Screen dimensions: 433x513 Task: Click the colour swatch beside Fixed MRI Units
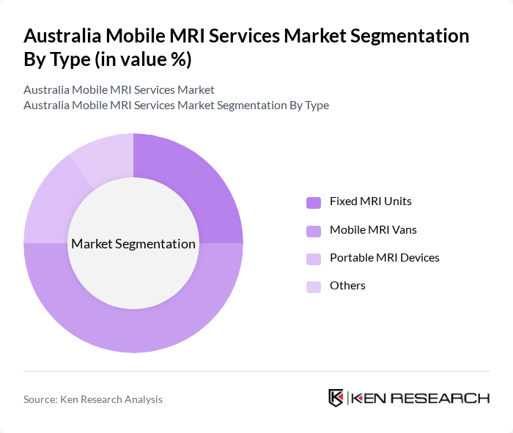[x=314, y=202]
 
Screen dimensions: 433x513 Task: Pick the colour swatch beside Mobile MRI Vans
[x=314, y=231]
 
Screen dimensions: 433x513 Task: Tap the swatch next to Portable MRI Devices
[x=314, y=259]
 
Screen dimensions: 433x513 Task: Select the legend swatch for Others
[x=314, y=286]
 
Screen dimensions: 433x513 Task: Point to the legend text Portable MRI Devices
[x=384, y=258]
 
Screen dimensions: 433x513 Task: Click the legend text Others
[x=347, y=286]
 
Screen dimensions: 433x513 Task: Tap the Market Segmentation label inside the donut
[x=133, y=244]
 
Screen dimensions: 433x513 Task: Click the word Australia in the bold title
[x=62, y=36]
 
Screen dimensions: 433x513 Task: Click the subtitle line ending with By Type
[x=176, y=106]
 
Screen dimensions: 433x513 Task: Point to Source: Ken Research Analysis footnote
[x=93, y=399]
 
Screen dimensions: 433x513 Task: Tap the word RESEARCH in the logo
[x=446, y=399]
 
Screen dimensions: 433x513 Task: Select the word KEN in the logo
[x=371, y=399]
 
